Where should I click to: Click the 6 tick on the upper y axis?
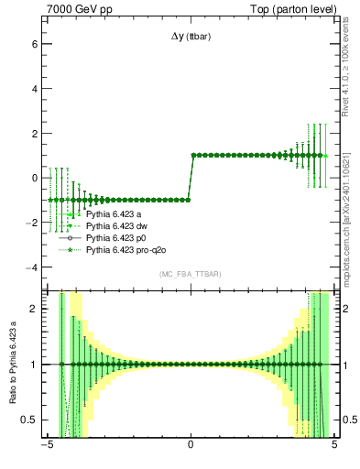point(34,43)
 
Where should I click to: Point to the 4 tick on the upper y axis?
point(34,88)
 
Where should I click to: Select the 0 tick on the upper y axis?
point(34,178)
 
